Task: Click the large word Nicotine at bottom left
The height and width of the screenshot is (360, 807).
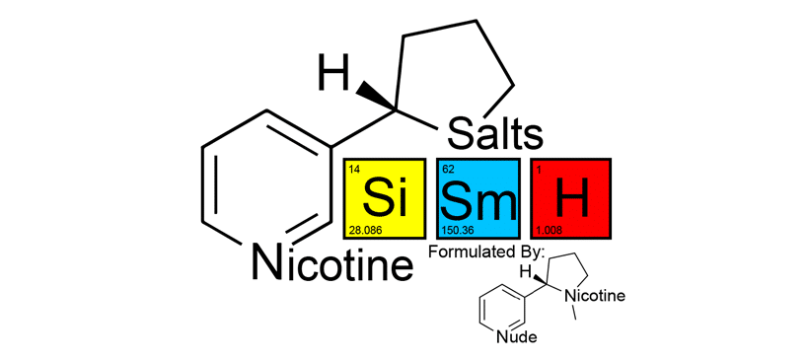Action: coord(331,263)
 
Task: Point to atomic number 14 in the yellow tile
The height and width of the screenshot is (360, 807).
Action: coord(354,169)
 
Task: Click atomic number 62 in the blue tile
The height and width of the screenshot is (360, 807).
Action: coord(448,169)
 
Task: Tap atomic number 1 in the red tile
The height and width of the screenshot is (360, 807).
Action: coord(539,169)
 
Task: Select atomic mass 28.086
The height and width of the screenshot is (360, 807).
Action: coord(364,230)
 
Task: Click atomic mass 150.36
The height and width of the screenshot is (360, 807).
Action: coord(459,230)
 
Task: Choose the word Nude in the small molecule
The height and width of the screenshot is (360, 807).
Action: coord(516,337)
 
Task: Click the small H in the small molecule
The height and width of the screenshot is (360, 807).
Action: coord(526,270)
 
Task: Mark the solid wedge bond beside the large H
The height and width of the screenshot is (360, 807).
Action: coord(377,97)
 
